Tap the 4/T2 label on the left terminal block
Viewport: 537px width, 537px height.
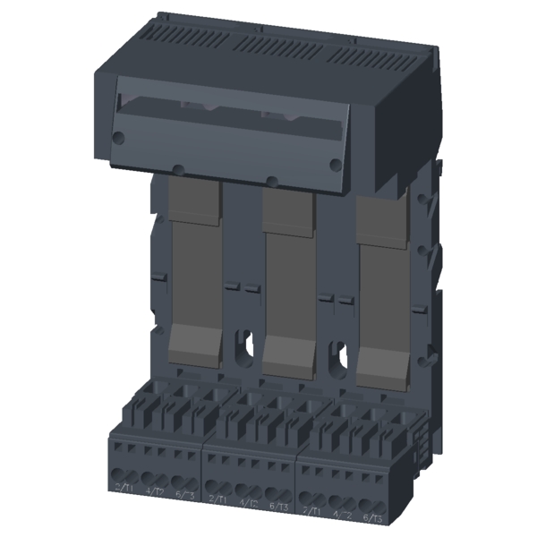tap(154, 489)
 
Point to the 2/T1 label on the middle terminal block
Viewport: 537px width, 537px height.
tap(217, 498)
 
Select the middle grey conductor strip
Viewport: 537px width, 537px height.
tap(286, 268)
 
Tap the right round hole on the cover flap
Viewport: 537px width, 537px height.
tap(335, 163)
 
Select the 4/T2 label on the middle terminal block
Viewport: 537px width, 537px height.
tap(248, 501)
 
